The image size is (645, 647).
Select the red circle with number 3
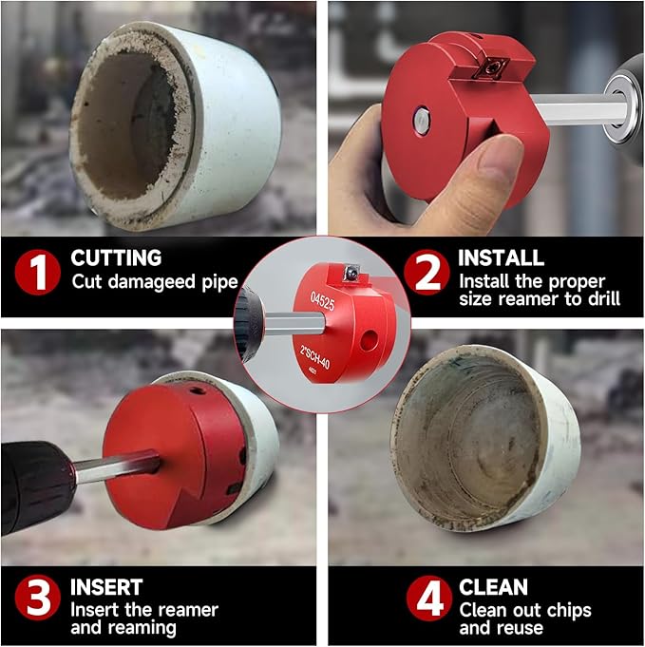tap(37, 599)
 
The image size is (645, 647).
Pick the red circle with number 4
tap(427, 599)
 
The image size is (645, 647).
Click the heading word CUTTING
tap(116, 258)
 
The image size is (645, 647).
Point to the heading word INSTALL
tap(501, 258)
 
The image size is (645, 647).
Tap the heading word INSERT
tap(106, 587)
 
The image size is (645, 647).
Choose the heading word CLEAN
tap(493, 587)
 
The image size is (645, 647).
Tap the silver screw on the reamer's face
tap(420, 120)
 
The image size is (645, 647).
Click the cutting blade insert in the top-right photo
tap(495, 66)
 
